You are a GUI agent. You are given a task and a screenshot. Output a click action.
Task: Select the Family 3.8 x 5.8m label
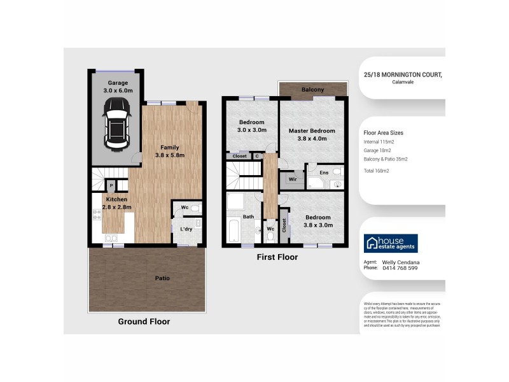click(169, 150)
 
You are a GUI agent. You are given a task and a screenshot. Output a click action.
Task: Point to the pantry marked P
click(111, 186)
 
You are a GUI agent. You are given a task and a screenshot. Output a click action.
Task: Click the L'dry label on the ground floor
click(186, 229)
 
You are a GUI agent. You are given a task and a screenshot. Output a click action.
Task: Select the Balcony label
click(313, 90)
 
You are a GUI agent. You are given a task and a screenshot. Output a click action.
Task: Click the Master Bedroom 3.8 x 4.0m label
click(312, 135)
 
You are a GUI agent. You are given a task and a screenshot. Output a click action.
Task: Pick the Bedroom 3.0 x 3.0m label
click(252, 126)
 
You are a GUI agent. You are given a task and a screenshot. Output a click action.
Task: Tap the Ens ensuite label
click(323, 172)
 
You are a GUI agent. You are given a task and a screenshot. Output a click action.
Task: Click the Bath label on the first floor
click(248, 217)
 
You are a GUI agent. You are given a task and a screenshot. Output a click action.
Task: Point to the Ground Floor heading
click(144, 322)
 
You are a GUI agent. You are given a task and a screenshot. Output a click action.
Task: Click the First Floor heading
click(277, 257)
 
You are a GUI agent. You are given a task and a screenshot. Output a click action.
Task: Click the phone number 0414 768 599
click(400, 268)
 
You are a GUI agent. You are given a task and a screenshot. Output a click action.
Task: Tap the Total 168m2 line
click(377, 171)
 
